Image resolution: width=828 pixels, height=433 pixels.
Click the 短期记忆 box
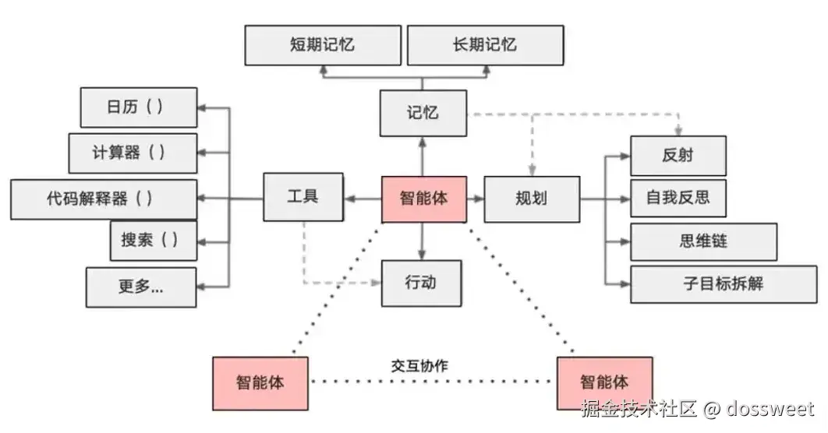[x=323, y=45]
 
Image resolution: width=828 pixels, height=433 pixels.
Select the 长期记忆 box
[x=485, y=45]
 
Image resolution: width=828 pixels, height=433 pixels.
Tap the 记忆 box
[x=423, y=113]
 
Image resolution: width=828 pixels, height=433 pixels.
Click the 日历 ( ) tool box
[x=139, y=107]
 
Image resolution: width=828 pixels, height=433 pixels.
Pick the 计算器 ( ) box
[x=133, y=153]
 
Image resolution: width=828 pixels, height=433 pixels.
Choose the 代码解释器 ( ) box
[x=104, y=199]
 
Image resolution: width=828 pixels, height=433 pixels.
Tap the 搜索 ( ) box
[x=154, y=241]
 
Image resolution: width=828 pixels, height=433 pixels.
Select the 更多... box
[x=142, y=287]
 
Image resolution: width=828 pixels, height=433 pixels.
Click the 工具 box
[x=303, y=197]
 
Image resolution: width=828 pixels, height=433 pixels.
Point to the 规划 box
[x=532, y=199]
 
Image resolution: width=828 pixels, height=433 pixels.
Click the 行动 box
[x=421, y=283]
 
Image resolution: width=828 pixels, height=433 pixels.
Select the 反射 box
[x=678, y=156]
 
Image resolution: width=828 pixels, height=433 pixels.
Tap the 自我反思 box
[x=678, y=199]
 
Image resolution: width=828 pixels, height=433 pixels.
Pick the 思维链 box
[x=703, y=241]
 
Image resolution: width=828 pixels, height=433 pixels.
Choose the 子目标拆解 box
[x=724, y=284]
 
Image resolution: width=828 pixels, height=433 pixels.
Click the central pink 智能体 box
[x=424, y=199]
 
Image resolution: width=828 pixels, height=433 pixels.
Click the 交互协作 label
[x=419, y=365]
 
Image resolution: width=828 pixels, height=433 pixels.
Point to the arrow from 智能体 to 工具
[x=363, y=199]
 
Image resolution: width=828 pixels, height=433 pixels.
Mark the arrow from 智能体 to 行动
[x=421, y=241]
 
